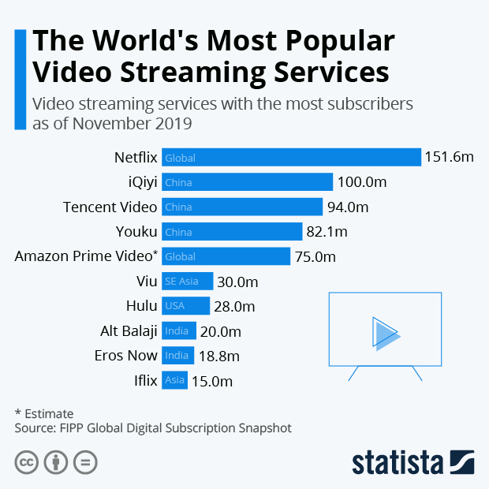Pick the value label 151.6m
[x=449, y=158]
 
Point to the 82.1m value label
[x=327, y=232]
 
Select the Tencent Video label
[x=110, y=207]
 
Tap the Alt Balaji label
[x=129, y=331]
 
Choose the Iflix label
[x=146, y=381]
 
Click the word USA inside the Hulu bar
[x=174, y=306]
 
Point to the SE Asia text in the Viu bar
[x=181, y=282]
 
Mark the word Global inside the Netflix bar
[x=180, y=158]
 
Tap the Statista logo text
[x=398, y=461]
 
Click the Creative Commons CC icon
[x=27, y=462]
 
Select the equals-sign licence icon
[x=85, y=462]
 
